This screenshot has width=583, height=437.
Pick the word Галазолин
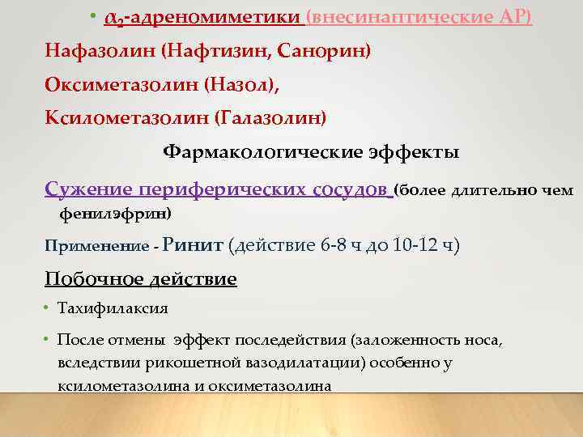click(x=270, y=119)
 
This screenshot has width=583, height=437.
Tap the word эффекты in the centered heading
click(x=411, y=153)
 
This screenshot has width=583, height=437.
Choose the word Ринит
click(x=194, y=244)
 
